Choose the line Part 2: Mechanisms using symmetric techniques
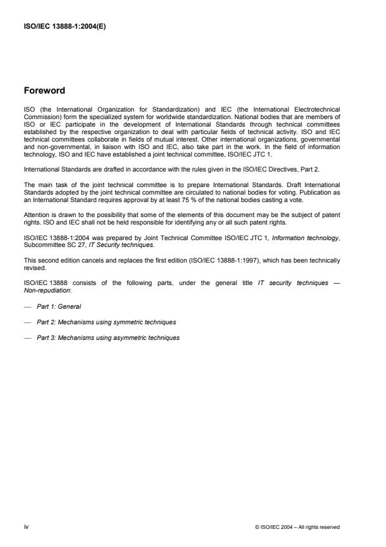106,322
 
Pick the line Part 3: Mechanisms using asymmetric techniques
108,337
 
